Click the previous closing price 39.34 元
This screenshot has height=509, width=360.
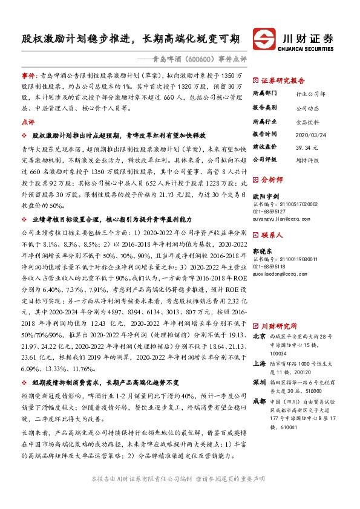coord(307,147)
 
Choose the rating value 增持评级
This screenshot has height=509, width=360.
coord(308,160)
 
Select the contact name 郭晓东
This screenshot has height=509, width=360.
coord(261,250)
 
